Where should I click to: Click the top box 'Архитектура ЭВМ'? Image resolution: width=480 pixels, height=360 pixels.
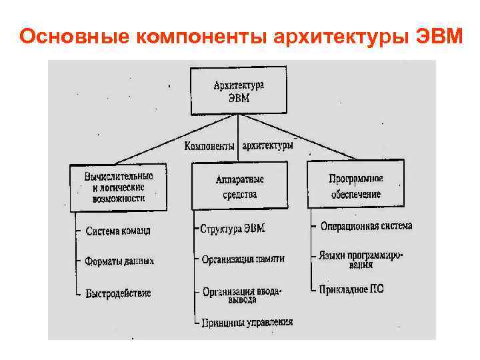click(x=238, y=91)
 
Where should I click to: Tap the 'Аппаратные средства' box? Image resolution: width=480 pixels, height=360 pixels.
click(x=239, y=187)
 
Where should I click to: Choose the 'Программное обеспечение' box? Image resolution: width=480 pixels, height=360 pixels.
click(x=355, y=186)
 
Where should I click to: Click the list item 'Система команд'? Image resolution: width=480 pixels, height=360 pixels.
click(x=118, y=231)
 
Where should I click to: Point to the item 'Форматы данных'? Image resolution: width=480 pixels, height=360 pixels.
click(x=119, y=261)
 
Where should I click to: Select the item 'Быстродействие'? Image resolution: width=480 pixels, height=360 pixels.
click(x=118, y=293)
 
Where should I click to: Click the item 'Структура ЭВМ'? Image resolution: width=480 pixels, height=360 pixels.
click(x=233, y=228)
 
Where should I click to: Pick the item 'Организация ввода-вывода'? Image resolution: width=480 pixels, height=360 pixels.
click(x=243, y=295)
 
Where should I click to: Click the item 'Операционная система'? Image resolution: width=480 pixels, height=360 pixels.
click(x=366, y=226)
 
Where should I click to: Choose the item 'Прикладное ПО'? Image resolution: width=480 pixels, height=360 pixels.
click(x=351, y=289)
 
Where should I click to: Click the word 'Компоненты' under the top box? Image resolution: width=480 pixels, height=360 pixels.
click(x=209, y=145)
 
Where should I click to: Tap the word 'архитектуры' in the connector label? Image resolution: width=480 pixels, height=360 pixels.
click(x=267, y=145)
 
